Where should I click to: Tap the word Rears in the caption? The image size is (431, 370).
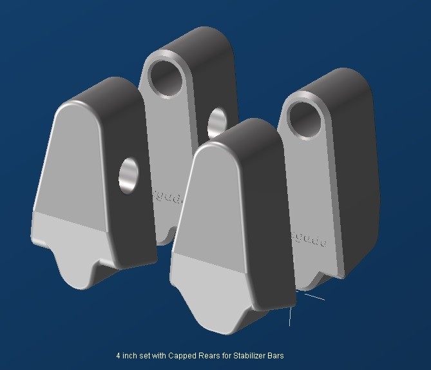tap(206, 355)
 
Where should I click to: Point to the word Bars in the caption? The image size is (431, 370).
tap(276, 355)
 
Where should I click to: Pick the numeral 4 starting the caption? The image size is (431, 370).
tap(119, 355)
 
